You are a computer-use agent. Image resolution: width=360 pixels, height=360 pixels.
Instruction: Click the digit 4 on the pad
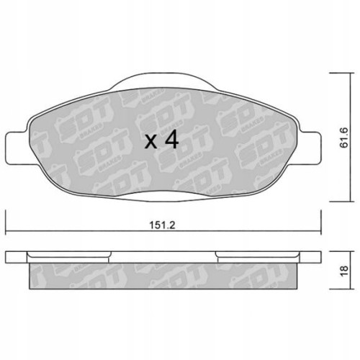171,140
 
